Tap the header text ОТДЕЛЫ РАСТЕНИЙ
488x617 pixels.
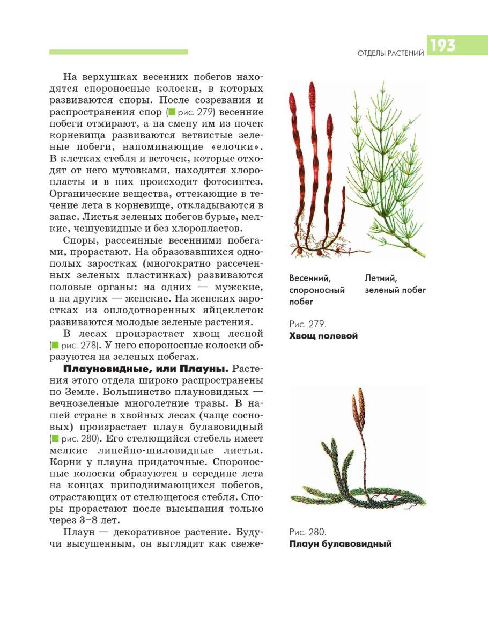pos(390,53)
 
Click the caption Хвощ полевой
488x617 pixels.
pos(323,336)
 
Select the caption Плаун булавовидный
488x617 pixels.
pos(340,544)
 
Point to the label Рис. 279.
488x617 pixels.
pos(307,324)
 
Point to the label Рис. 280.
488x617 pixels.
pos(307,532)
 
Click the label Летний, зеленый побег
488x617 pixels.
pos(395,284)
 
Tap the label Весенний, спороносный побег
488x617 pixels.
pos(316,290)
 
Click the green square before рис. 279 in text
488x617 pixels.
pos(172,112)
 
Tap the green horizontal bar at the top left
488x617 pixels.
pos(119,52)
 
